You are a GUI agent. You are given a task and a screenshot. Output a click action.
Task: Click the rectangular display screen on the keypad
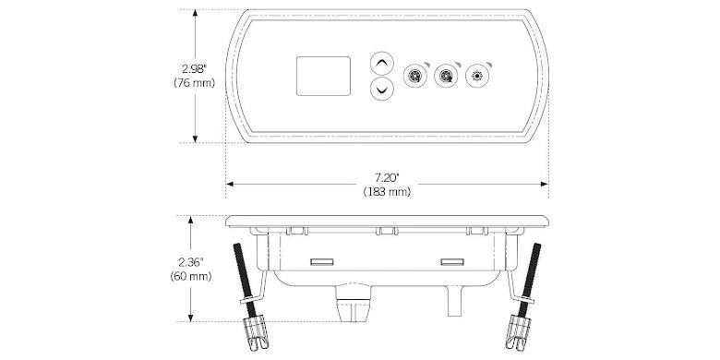click(323, 77)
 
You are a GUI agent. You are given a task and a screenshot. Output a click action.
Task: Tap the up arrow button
click(381, 64)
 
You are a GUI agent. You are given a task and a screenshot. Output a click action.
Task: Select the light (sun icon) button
click(477, 76)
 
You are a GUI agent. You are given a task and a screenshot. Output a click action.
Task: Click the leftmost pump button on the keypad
click(414, 76)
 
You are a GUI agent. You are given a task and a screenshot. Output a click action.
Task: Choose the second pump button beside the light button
click(446, 76)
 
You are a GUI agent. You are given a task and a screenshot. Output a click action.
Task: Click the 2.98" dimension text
click(194, 69)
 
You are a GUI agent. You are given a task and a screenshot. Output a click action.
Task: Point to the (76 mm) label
click(194, 83)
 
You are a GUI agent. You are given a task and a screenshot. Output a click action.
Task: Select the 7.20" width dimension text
click(387, 178)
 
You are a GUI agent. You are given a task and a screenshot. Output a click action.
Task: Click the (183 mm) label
click(387, 192)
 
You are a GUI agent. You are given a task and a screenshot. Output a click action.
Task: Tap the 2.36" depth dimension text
click(190, 263)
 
